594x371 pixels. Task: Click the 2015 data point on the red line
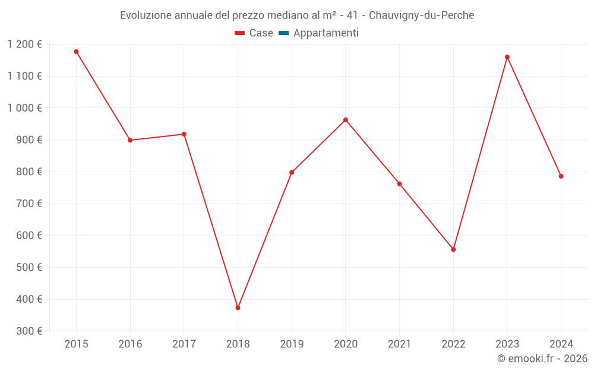pos(76,52)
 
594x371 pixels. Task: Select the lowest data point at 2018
pos(238,307)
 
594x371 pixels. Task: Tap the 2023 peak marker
pos(507,57)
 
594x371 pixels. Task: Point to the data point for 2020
pos(346,120)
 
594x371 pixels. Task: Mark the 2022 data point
pos(453,249)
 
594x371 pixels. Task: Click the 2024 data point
pos(561,176)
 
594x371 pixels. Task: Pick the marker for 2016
pos(130,140)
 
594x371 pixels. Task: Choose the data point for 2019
pos(292,173)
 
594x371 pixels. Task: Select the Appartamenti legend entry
pos(326,33)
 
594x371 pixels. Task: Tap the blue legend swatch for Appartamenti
pos(283,33)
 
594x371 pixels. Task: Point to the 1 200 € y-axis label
pos(24,45)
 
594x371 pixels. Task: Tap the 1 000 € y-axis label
pos(24,108)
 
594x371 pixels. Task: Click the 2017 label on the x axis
pos(184,344)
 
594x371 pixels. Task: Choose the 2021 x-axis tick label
pos(399,344)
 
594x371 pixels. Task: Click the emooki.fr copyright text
pos(542,359)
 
